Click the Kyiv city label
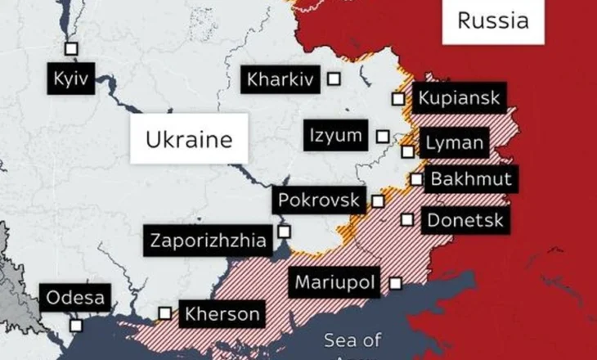[69, 79]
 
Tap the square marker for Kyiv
[71, 48]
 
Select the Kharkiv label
[281, 79]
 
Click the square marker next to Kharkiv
[334, 79]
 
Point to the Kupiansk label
[459, 99]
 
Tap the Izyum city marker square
[383, 135]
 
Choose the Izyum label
[336, 135]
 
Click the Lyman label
[454, 143]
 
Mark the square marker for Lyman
[407, 151]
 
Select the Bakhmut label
[470, 179]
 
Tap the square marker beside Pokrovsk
[378, 200]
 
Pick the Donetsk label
[465, 219]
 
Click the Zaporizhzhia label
[208, 241]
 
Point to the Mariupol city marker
[395, 283]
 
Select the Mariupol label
[335, 283]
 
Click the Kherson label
[222, 313]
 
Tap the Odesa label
[75, 298]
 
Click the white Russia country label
[492, 21]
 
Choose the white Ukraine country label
[188, 140]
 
